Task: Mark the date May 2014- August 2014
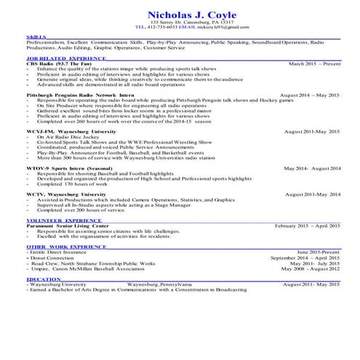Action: tap(312, 168)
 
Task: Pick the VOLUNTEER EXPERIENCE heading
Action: tap(64, 220)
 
